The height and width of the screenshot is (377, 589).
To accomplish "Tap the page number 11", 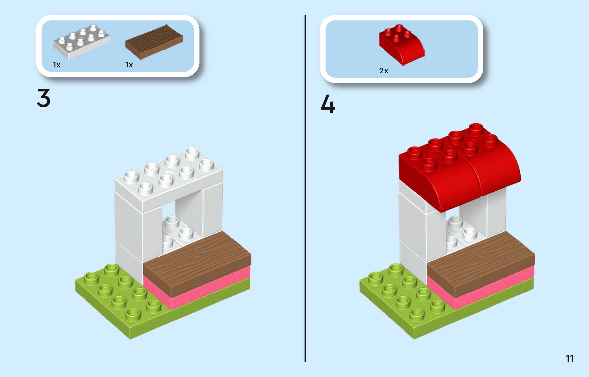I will [569, 359].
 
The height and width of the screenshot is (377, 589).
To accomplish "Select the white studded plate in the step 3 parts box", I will [81, 42].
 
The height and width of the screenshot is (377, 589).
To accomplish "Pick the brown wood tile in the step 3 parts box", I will [154, 42].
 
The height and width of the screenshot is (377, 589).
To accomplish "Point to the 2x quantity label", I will [383, 71].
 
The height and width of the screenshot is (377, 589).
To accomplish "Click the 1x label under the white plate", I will [57, 65].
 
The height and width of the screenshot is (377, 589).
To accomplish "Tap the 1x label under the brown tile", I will [129, 65].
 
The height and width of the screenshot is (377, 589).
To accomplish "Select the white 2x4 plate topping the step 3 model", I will [169, 179].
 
